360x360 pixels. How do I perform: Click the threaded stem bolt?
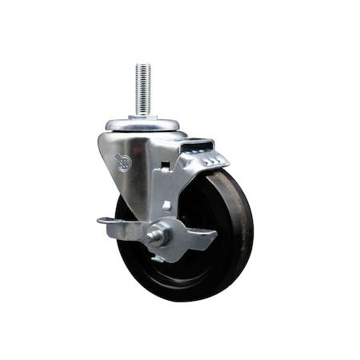pyautogui.click(x=143, y=90)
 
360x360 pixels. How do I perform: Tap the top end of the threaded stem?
pyautogui.click(x=143, y=66)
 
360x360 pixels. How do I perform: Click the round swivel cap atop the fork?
pyautogui.click(x=143, y=125)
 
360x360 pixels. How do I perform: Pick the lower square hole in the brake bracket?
pyautogui.click(x=166, y=205)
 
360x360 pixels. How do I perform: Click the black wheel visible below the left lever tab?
pyautogui.click(x=128, y=248)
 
